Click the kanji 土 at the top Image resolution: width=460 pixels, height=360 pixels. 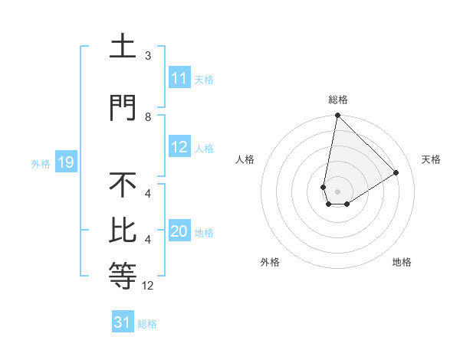[x=123, y=47]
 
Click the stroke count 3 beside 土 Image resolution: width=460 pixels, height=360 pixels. [x=148, y=56]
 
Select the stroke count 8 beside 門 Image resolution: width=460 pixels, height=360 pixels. [x=148, y=116]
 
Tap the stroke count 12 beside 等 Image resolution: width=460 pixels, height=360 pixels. [x=148, y=286]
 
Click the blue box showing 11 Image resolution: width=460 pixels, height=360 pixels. [x=179, y=78]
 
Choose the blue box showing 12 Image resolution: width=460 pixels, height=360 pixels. [x=179, y=148]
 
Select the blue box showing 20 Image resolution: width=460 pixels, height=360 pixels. [x=179, y=232]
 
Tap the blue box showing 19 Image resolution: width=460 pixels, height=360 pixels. [x=65, y=162]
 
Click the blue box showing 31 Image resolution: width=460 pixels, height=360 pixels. [x=123, y=322]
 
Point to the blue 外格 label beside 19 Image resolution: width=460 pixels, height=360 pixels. [x=41, y=163]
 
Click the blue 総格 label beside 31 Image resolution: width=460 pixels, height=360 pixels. [x=147, y=324]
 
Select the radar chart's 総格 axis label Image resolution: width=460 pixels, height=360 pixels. [x=337, y=100]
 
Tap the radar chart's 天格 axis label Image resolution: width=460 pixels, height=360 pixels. [x=431, y=159]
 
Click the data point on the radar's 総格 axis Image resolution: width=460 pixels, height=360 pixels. [x=337, y=116]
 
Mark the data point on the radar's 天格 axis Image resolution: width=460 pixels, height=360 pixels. [x=396, y=172]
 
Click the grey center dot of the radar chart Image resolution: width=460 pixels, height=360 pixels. [x=337, y=191]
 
